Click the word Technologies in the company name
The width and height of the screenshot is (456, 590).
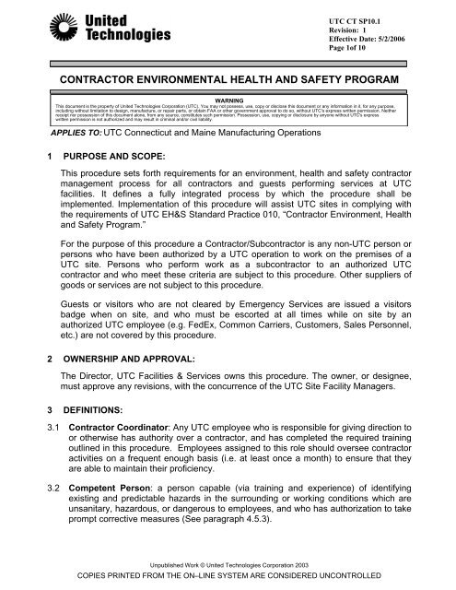(113, 37)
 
